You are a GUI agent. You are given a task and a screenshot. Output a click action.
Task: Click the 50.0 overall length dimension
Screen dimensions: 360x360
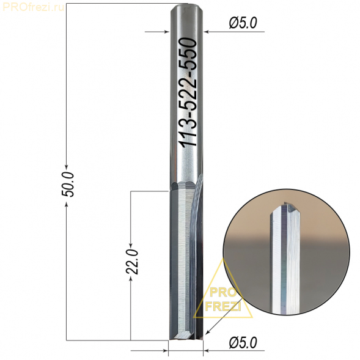click(68, 185)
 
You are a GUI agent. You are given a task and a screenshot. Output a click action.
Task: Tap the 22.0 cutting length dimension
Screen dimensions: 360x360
click(132, 262)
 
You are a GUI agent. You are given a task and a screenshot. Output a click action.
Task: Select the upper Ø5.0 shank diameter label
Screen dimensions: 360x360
click(243, 23)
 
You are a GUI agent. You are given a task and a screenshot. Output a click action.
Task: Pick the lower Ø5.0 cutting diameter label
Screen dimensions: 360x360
click(243, 343)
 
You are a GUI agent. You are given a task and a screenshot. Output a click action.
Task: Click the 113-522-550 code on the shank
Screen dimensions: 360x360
click(188, 92)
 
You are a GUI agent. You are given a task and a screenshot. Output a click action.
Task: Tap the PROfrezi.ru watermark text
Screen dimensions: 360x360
click(33, 7)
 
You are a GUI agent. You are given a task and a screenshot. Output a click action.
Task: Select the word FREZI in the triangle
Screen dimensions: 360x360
click(222, 306)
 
